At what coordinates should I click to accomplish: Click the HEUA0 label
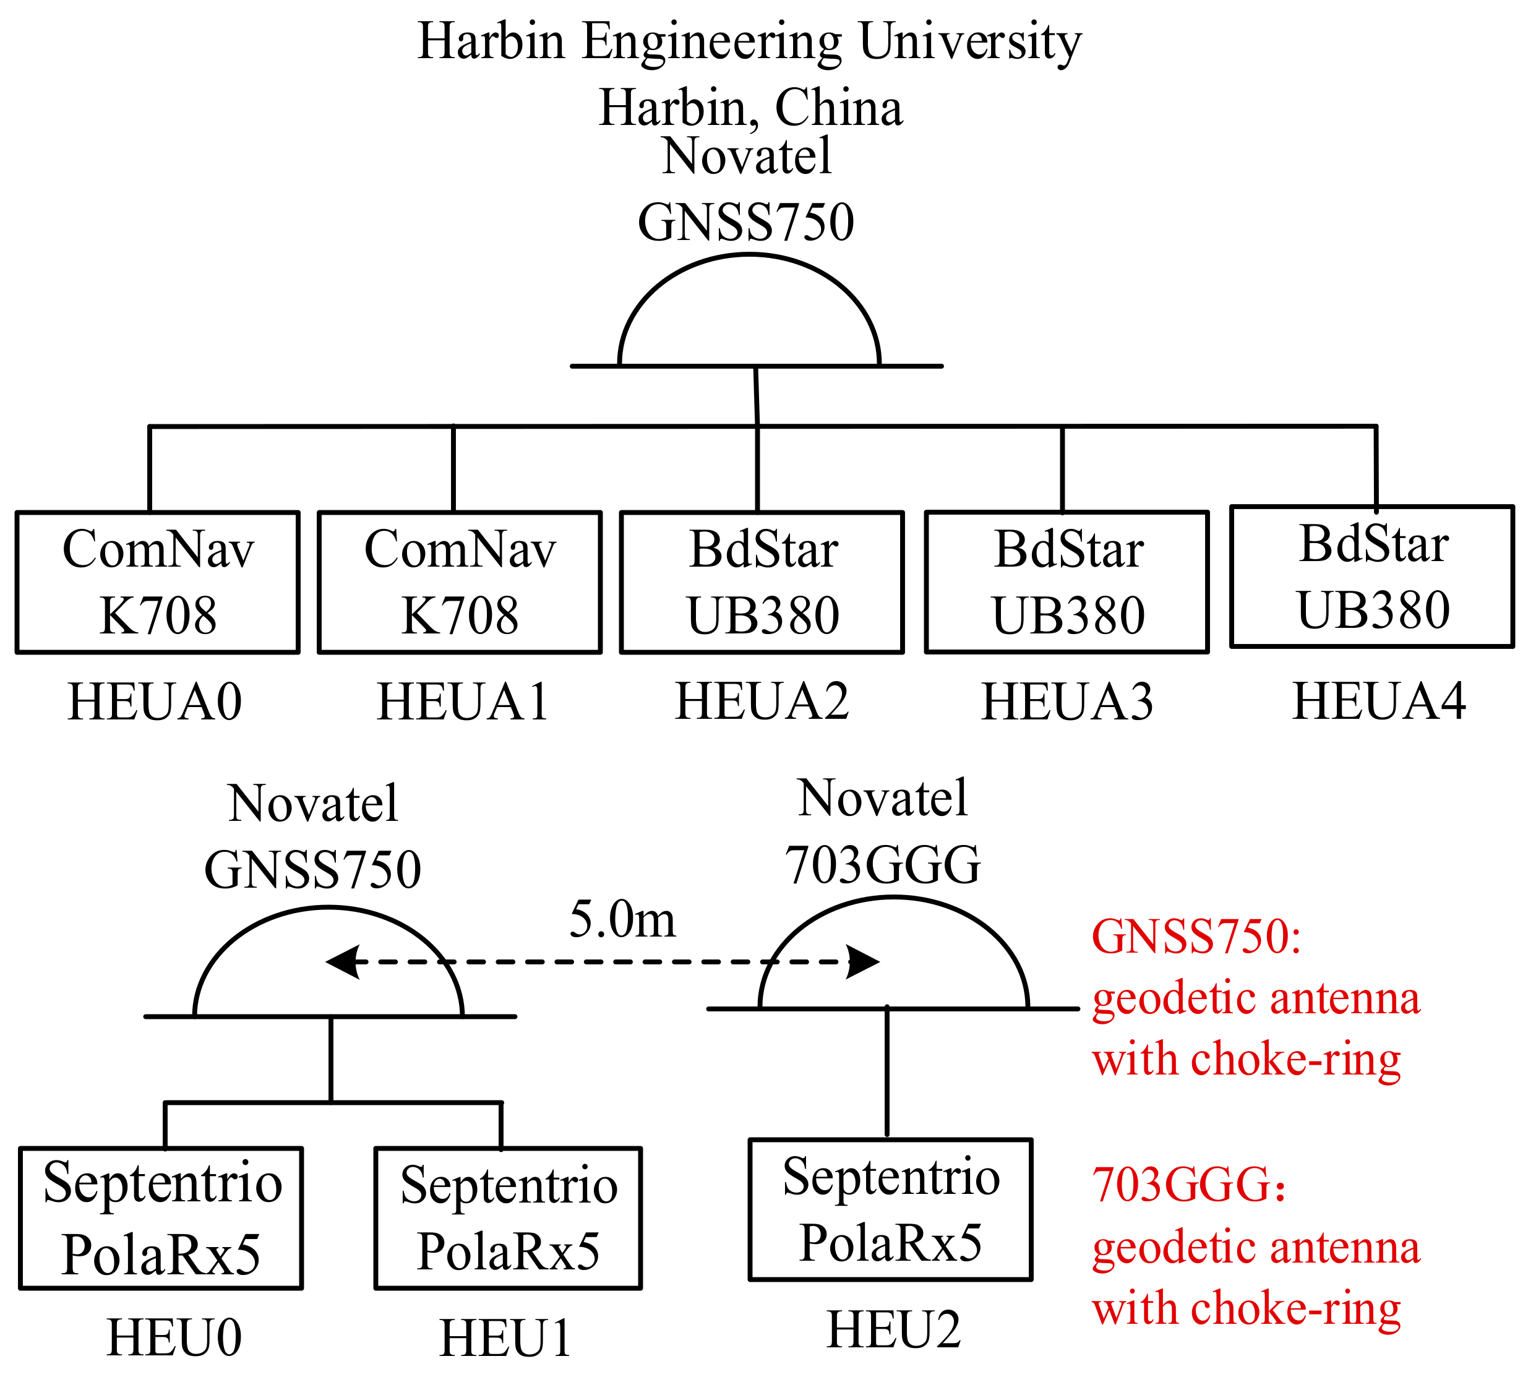pyautogui.click(x=155, y=702)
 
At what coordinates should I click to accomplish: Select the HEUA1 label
pyautogui.click(x=463, y=702)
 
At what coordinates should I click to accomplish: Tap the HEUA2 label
pyautogui.click(x=762, y=701)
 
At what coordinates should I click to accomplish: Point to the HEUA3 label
pyautogui.click(x=1067, y=702)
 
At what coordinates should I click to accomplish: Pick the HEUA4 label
pyautogui.click(x=1378, y=701)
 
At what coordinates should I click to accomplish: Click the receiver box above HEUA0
pyautogui.click(x=157, y=582)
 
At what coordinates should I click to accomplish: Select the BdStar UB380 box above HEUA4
pyautogui.click(x=1371, y=577)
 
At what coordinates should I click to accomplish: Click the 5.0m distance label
pyautogui.click(x=622, y=920)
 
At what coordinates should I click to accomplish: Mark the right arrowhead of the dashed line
pyautogui.click(x=862, y=963)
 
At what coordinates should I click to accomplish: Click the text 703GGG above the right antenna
pyautogui.click(x=882, y=864)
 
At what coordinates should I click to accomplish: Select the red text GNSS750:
pyautogui.click(x=1196, y=937)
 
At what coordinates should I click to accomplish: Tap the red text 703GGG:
pyautogui.click(x=1188, y=1184)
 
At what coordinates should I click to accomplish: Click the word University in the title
pyautogui.click(x=970, y=42)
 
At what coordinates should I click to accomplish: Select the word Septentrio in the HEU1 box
pyautogui.click(x=509, y=1186)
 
